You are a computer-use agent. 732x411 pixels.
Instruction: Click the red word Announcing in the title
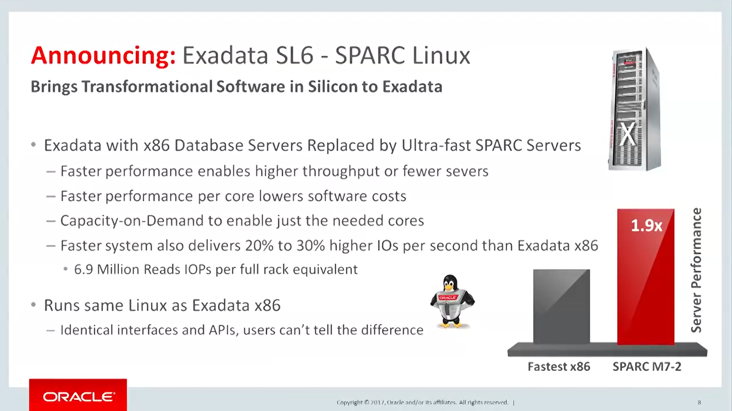[103, 56]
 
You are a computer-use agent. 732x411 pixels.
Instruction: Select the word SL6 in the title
[295, 56]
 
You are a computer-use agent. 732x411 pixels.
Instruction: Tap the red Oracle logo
[78, 395]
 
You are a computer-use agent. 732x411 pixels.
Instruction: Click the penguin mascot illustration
[452, 302]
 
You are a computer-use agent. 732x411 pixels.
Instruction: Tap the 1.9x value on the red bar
[646, 225]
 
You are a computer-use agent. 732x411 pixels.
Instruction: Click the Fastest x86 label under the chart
[559, 367]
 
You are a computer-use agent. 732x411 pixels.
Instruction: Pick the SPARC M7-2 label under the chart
[646, 367]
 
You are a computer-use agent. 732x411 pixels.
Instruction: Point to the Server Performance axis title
[696, 270]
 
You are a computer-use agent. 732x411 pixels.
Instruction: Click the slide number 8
[699, 402]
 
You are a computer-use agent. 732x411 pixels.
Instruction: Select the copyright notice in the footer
[422, 402]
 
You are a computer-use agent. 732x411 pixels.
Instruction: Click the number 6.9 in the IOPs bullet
[84, 270]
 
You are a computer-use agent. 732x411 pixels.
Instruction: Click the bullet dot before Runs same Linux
[33, 305]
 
